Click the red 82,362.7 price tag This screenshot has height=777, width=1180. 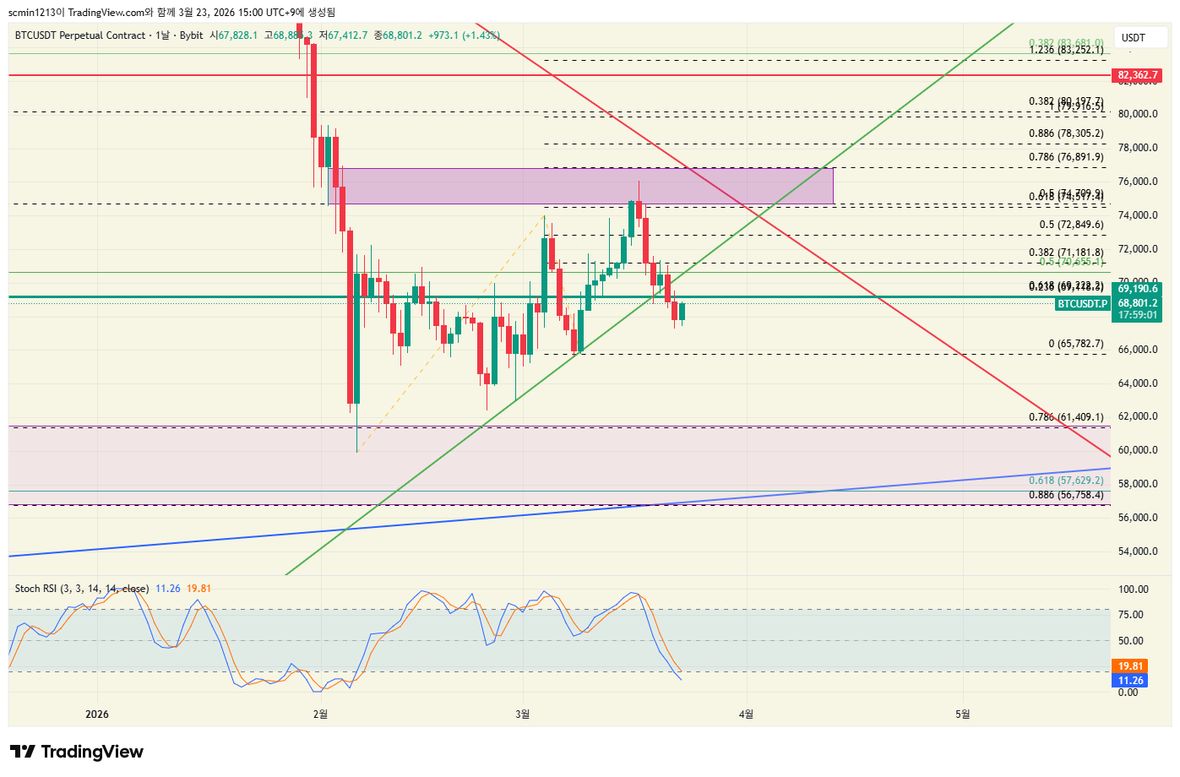click(x=1137, y=75)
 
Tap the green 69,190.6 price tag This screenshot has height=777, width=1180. click(x=1137, y=289)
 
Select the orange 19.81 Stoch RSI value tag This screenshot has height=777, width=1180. click(x=1130, y=666)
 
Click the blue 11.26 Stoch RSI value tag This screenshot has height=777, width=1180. click(x=1130, y=681)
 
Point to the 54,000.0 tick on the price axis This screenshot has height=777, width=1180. click(x=1138, y=552)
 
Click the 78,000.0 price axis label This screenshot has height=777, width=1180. click(x=1138, y=148)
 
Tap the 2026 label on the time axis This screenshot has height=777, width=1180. click(x=97, y=715)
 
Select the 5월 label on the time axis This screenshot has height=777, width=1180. click(x=962, y=715)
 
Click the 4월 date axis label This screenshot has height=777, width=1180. click(x=746, y=715)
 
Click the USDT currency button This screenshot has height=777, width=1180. click(x=1133, y=38)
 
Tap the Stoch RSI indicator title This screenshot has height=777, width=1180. click(x=82, y=589)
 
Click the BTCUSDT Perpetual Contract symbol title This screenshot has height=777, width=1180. click(x=80, y=35)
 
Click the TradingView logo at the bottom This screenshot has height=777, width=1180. click(x=77, y=752)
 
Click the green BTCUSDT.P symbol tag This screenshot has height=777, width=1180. click(x=1082, y=304)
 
